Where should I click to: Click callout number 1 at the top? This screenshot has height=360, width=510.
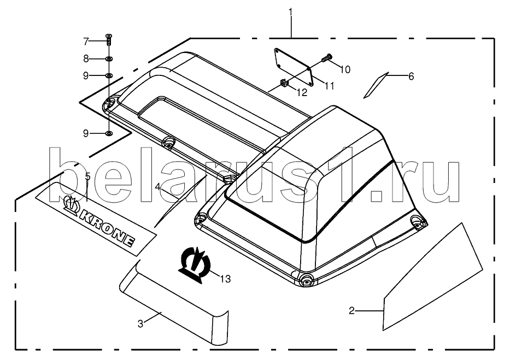point(290,13)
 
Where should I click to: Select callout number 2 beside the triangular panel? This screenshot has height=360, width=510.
point(351,311)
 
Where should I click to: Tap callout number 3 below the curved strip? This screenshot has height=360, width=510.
point(140,324)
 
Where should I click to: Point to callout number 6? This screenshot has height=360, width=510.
point(411,76)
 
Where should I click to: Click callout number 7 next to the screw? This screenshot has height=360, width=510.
point(86,42)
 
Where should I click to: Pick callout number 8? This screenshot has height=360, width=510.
point(86,59)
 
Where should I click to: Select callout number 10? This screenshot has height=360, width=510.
point(345,69)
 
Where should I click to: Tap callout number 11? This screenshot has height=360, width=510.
point(329,86)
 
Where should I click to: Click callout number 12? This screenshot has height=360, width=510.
point(302,93)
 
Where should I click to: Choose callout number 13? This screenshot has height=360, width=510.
point(225,279)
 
